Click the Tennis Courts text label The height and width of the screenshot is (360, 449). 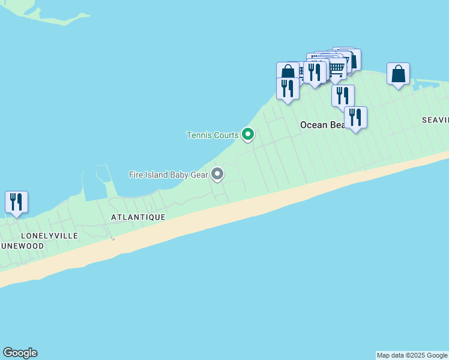212,135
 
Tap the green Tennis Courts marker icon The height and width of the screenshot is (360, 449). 247,134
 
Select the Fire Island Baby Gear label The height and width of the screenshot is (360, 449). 168,175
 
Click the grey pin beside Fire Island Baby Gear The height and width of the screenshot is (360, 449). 217,174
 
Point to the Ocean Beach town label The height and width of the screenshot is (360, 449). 323,125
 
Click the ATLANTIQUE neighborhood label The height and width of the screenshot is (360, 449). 138,217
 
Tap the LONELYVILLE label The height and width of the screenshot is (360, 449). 49,236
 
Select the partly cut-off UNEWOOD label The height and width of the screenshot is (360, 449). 22,246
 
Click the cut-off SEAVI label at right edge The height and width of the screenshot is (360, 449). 435,120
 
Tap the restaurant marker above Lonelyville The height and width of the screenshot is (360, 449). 16,202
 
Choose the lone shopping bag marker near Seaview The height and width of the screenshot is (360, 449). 398,74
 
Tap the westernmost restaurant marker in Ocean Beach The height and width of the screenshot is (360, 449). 288,88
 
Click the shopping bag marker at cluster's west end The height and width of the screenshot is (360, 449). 288,72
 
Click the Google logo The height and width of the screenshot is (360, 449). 20,353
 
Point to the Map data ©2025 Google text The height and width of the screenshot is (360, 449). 412,355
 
